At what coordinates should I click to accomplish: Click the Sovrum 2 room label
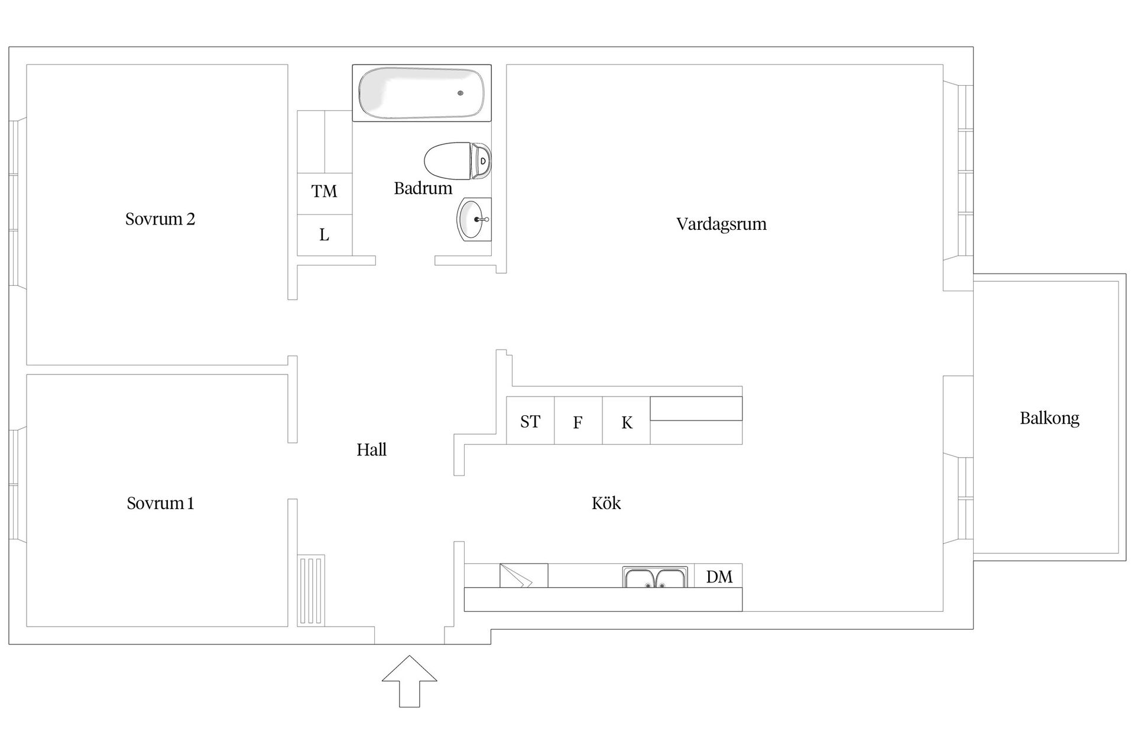[x=160, y=219]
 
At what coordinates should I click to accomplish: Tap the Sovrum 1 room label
[x=160, y=503]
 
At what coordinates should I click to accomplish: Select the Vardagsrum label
[x=721, y=224]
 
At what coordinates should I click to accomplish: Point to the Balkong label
[x=1049, y=418]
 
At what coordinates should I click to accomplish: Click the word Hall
[x=371, y=449]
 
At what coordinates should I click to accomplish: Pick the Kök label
[x=606, y=503]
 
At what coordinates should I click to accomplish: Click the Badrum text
[x=423, y=188]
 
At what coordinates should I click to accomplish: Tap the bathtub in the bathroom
[x=421, y=93]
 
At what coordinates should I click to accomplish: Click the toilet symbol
[x=456, y=161]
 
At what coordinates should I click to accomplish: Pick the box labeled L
[x=324, y=235]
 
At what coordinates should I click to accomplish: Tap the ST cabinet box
[x=530, y=421]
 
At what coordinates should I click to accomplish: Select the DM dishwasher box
[x=719, y=576]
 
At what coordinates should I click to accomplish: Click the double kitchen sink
[x=655, y=577]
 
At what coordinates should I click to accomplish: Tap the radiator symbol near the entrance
[x=310, y=590]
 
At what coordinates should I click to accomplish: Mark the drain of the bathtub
[x=461, y=93]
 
